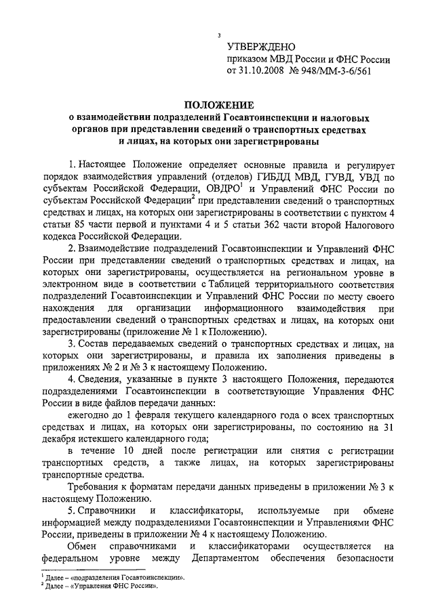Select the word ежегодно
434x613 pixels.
click(x=95, y=415)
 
